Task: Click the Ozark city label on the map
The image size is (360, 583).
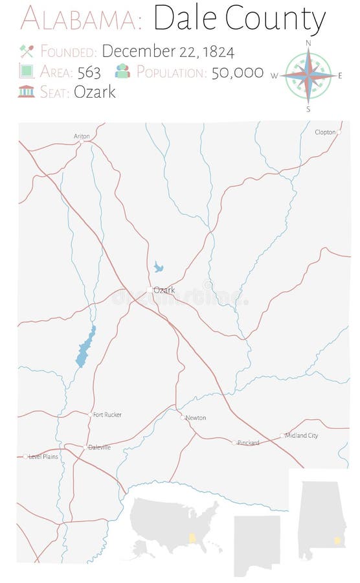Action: (164, 290)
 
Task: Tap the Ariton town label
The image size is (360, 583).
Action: (82, 136)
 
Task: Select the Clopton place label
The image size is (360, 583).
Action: (325, 132)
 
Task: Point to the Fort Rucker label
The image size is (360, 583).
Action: (107, 415)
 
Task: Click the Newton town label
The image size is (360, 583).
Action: (196, 418)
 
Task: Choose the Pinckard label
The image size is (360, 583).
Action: (248, 442)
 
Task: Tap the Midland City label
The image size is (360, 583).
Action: (301, 435)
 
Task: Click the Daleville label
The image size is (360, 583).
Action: (99, 447)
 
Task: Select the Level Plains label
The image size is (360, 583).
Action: (43, 457)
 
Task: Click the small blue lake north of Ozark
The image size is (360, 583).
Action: (158, 266)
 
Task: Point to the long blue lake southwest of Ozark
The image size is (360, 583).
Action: (85, 348)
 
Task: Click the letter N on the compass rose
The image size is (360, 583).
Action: (308, 43)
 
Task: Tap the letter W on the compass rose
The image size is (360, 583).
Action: (275, 76)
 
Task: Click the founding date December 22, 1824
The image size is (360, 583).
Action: (168, 51)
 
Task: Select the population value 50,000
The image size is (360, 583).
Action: (238, 72)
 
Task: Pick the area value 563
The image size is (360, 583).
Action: (88, 72)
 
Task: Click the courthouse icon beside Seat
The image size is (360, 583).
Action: (27, 91)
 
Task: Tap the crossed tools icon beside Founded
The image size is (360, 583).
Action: (27, 51)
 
